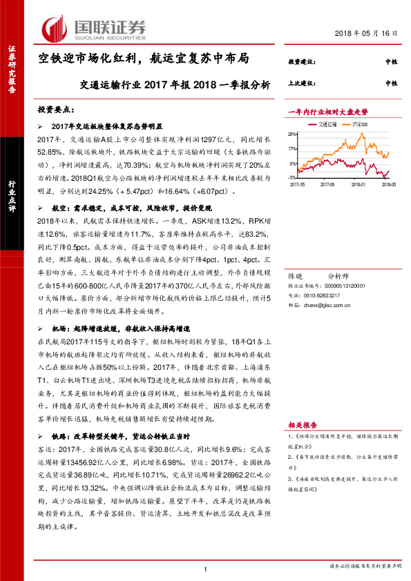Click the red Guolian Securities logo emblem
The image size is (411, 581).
(x=55, y=28)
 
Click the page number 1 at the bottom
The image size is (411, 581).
(x=205, y=568)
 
